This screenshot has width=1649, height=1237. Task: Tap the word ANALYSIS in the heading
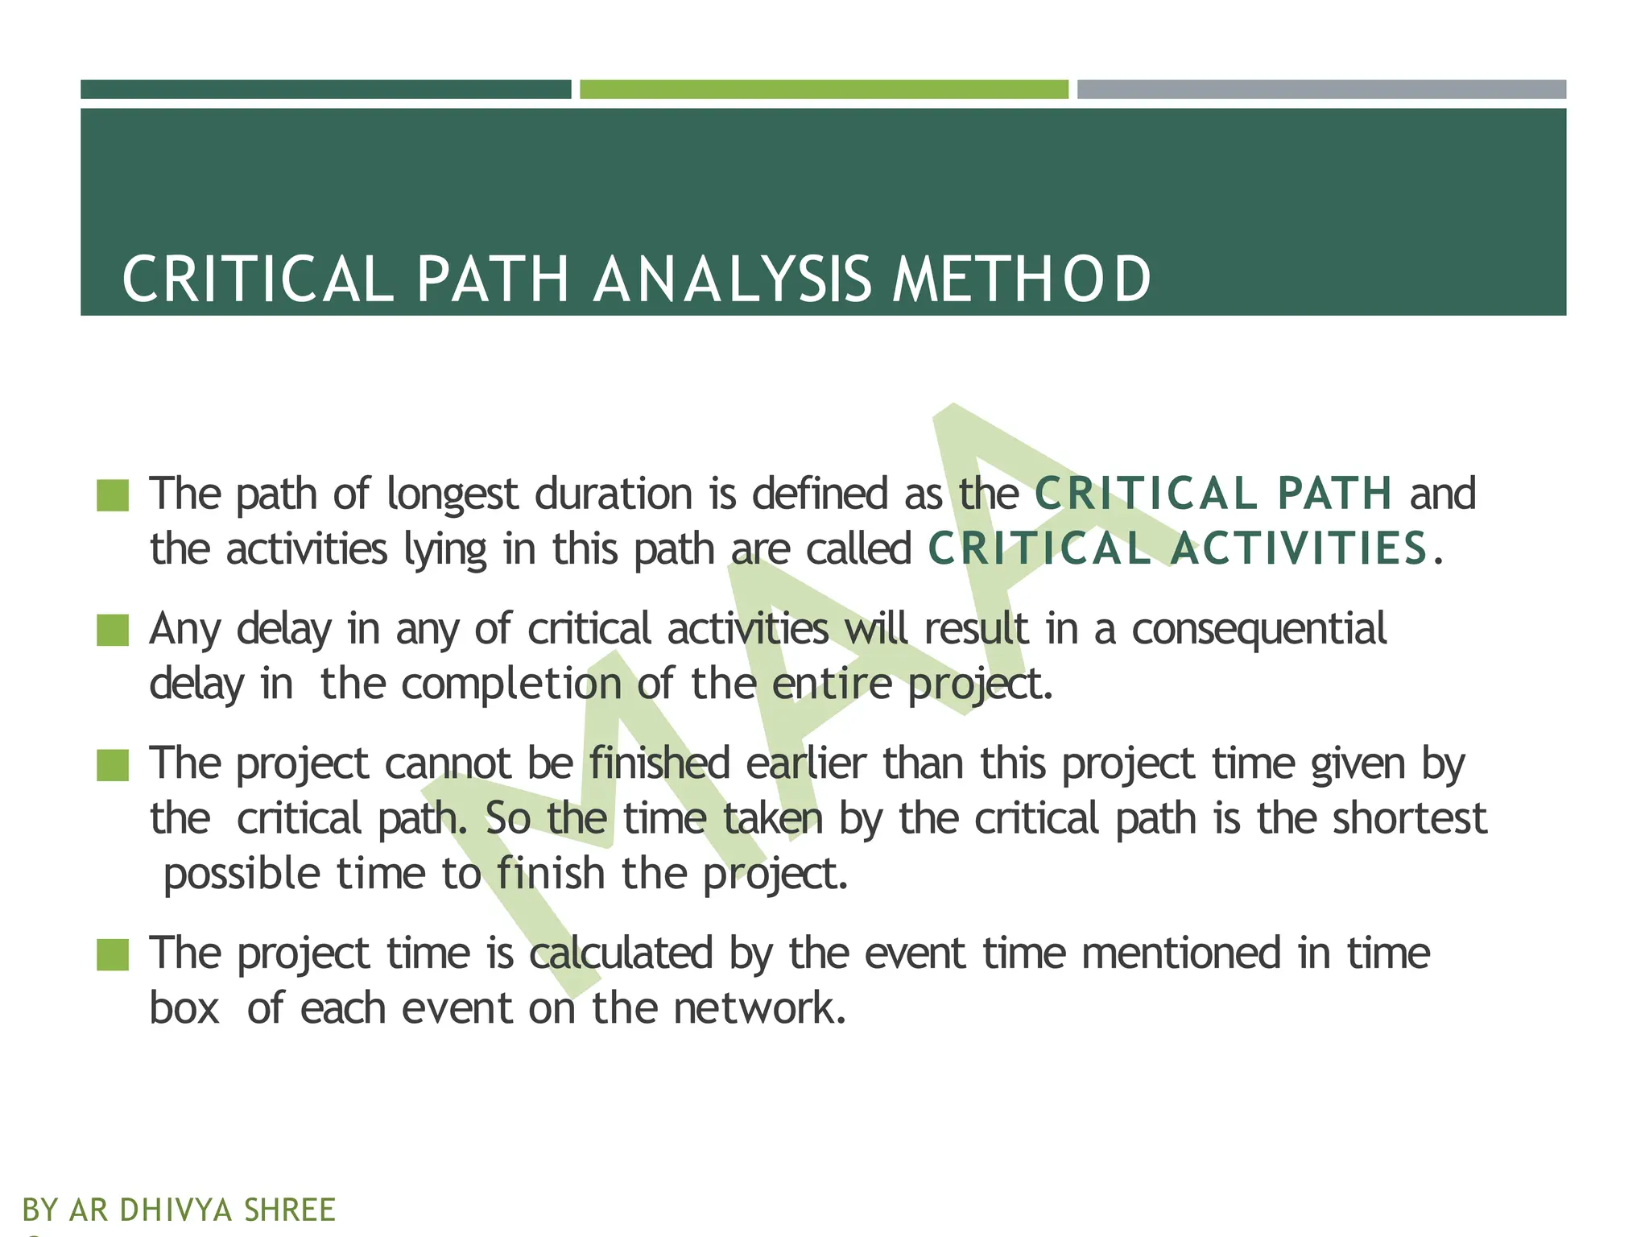pos(732,279)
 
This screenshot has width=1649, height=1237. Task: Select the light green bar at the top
pos(824,89)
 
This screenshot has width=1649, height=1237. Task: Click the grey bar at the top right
pos(1321,89)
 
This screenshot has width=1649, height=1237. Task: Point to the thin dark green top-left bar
pos(325,89)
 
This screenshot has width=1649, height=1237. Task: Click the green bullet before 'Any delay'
pos(113,630)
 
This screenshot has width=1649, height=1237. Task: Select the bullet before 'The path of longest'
pos(113,495)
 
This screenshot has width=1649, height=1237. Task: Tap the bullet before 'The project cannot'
pos(113,765)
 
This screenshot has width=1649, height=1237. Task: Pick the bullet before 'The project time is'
pos(113,954)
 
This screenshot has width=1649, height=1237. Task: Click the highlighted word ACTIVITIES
pos(1299,548)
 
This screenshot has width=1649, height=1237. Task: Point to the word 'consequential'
pos(1258,629)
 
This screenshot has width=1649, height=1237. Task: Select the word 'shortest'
pos(1409,818)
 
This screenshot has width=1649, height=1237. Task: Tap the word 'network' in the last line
pos(759,1007)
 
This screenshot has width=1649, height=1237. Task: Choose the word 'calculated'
pos(621,953)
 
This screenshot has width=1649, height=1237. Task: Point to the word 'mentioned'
pos(1180,953)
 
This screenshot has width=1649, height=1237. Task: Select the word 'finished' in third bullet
pos(659,763)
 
